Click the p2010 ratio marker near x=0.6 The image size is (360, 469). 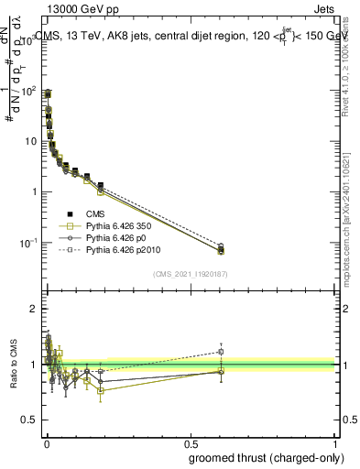point(221,352)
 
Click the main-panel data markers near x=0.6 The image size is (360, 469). point(221,248)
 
